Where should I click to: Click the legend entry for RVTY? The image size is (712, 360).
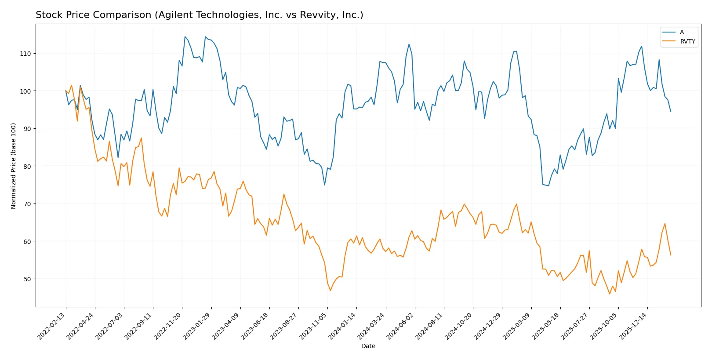(x=687, y=42)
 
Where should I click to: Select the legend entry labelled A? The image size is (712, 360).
(x=682, y=33)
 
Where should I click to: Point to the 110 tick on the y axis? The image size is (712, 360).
(x=26, y=54)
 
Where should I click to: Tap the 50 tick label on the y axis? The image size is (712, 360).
(x=27, y=279)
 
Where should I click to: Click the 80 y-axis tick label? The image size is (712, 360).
(x=27, y=167)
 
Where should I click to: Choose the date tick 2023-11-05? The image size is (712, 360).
(x=313, y=326)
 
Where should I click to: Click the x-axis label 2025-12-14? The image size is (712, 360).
(x=633, y=326)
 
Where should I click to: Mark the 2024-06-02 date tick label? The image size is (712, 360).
(x=400, y=326)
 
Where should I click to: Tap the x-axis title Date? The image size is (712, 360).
(x=368, y=346)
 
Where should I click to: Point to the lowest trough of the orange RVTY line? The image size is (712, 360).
(x=610, y=294)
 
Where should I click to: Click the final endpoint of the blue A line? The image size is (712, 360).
(x=671, y=112)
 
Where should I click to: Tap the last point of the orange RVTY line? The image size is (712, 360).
(x=671, y=255)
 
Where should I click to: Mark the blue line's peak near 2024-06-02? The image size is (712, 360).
(x=409, y=44)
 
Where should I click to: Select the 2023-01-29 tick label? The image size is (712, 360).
(x=197, y=326)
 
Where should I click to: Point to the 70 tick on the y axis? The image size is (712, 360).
(x=27, y=204)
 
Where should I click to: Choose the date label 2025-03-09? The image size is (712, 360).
(x=517, y=326)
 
